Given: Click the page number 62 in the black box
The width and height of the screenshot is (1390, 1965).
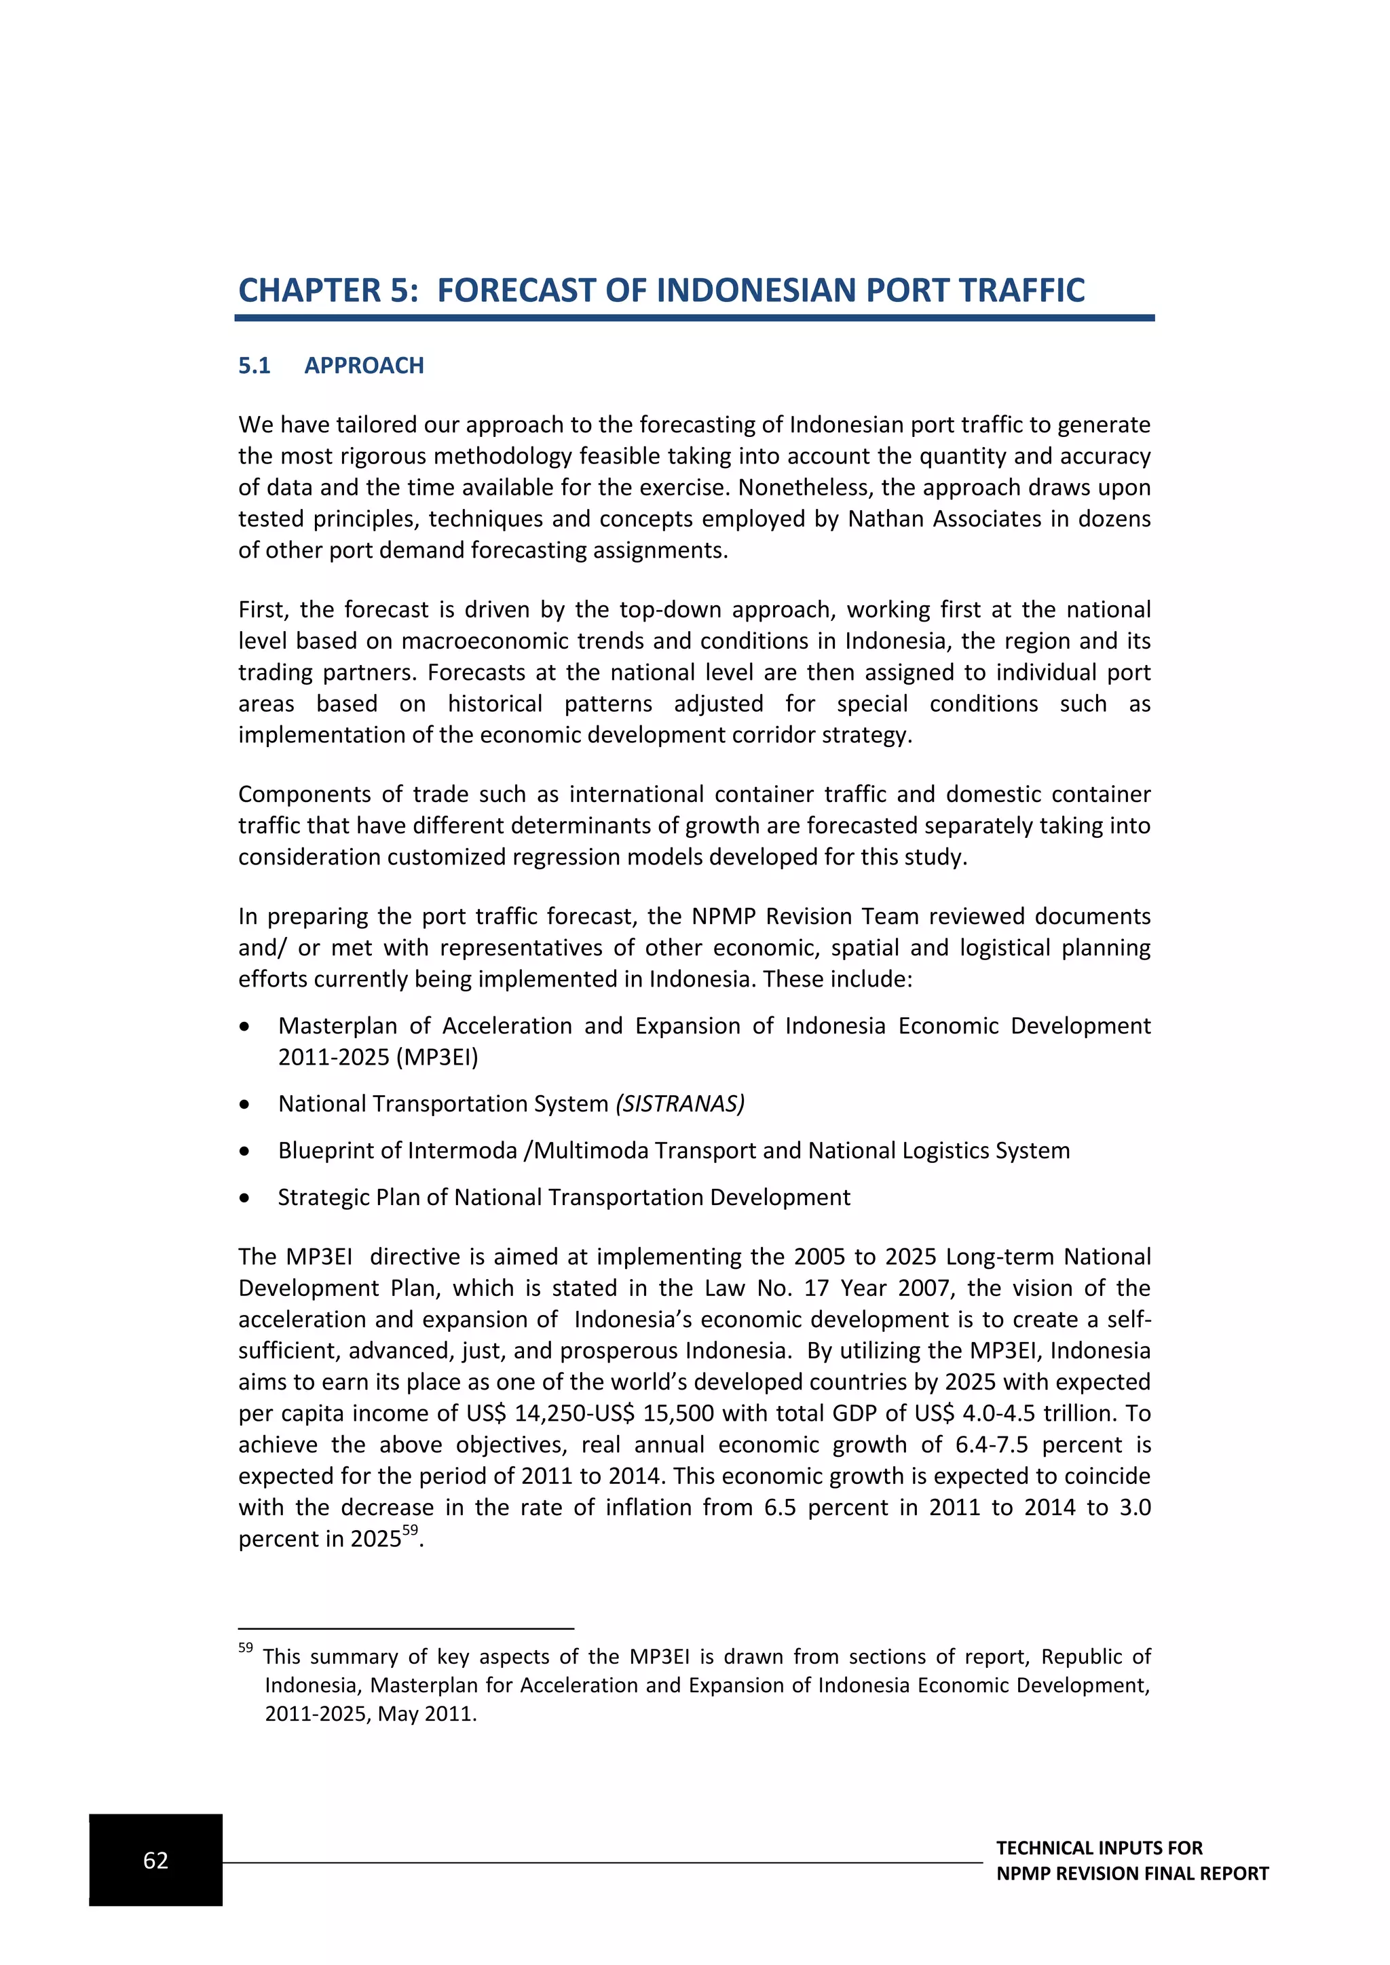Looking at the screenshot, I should point(156,1860).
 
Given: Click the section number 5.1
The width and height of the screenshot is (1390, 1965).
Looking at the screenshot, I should point(255,366).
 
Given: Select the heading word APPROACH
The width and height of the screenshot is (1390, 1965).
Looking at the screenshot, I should point(364,366).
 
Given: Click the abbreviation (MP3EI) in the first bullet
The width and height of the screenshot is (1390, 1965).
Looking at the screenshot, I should point(437,1057).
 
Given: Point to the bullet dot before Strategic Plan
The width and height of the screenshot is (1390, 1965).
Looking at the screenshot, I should point(245,1198).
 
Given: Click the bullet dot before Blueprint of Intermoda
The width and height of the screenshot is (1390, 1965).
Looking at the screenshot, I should point(245,1151).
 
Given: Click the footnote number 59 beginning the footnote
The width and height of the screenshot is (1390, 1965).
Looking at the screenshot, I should point(246,1647).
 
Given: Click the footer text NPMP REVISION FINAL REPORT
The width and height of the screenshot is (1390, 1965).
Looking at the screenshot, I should point(1131,1873).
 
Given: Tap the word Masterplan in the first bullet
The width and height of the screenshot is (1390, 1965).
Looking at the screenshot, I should point(337,1025).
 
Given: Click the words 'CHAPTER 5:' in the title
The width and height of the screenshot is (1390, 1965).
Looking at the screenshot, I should point(328,290).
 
